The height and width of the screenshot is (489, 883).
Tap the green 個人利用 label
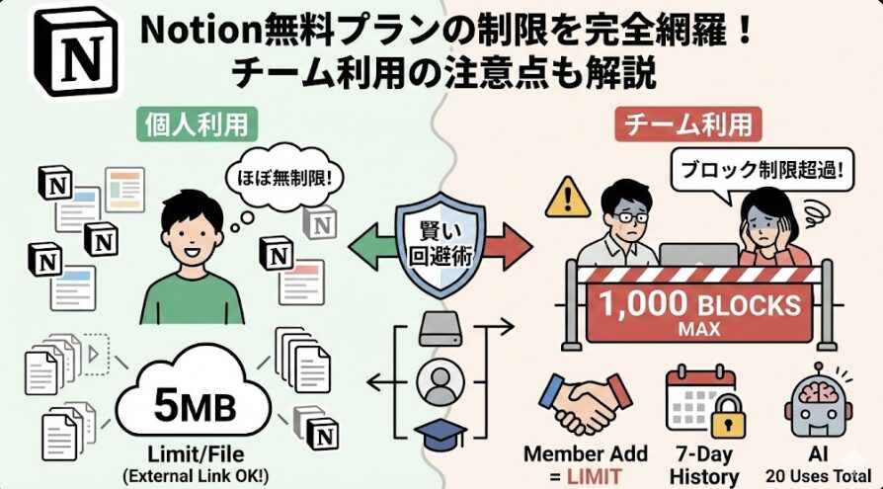point(191,125)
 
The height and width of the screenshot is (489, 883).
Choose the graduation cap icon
point(441,436)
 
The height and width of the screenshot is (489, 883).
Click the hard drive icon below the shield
point(441,329)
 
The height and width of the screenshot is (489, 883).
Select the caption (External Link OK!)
point(191,475)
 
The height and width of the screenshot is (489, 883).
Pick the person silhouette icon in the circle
point(441,381)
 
